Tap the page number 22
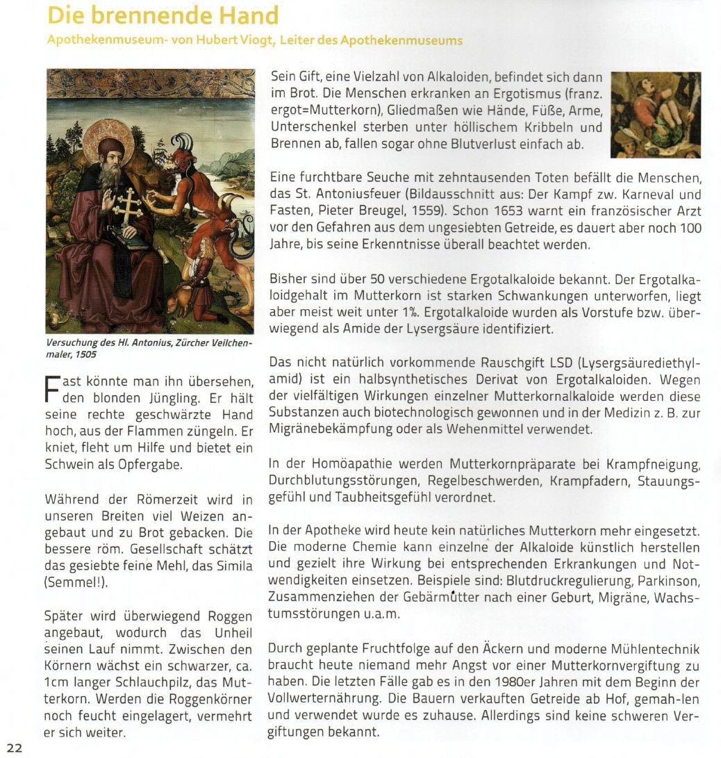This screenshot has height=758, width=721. (15, 748)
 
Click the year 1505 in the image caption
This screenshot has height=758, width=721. (85, 354)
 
